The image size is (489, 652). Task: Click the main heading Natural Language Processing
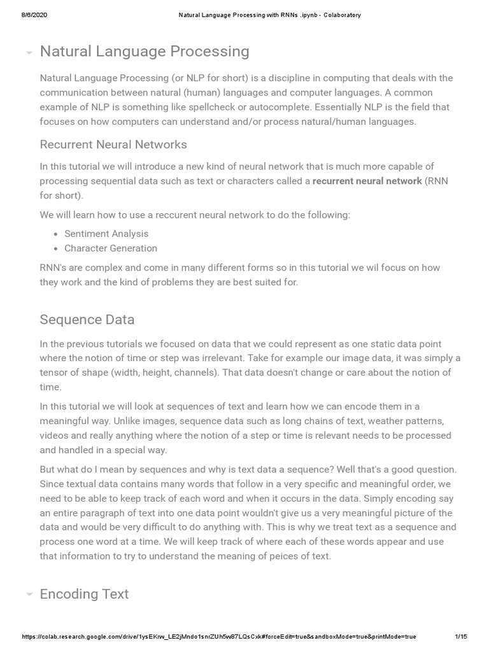coord(145,52)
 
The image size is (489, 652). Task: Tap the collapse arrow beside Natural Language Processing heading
coord(29,53)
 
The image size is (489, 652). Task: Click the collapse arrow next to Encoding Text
coord(29,595)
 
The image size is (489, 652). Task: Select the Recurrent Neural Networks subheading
coord(113,145)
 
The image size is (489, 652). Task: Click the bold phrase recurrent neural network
coord(367,181)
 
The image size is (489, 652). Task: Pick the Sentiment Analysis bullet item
coord(106,234)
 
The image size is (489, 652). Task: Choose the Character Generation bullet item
coord(111,248)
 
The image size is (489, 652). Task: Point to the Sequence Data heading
coord(87,319)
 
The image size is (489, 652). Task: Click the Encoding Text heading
coord(84,594)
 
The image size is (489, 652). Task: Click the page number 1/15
coord(461,637)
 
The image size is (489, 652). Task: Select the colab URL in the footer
coord(219,637)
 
